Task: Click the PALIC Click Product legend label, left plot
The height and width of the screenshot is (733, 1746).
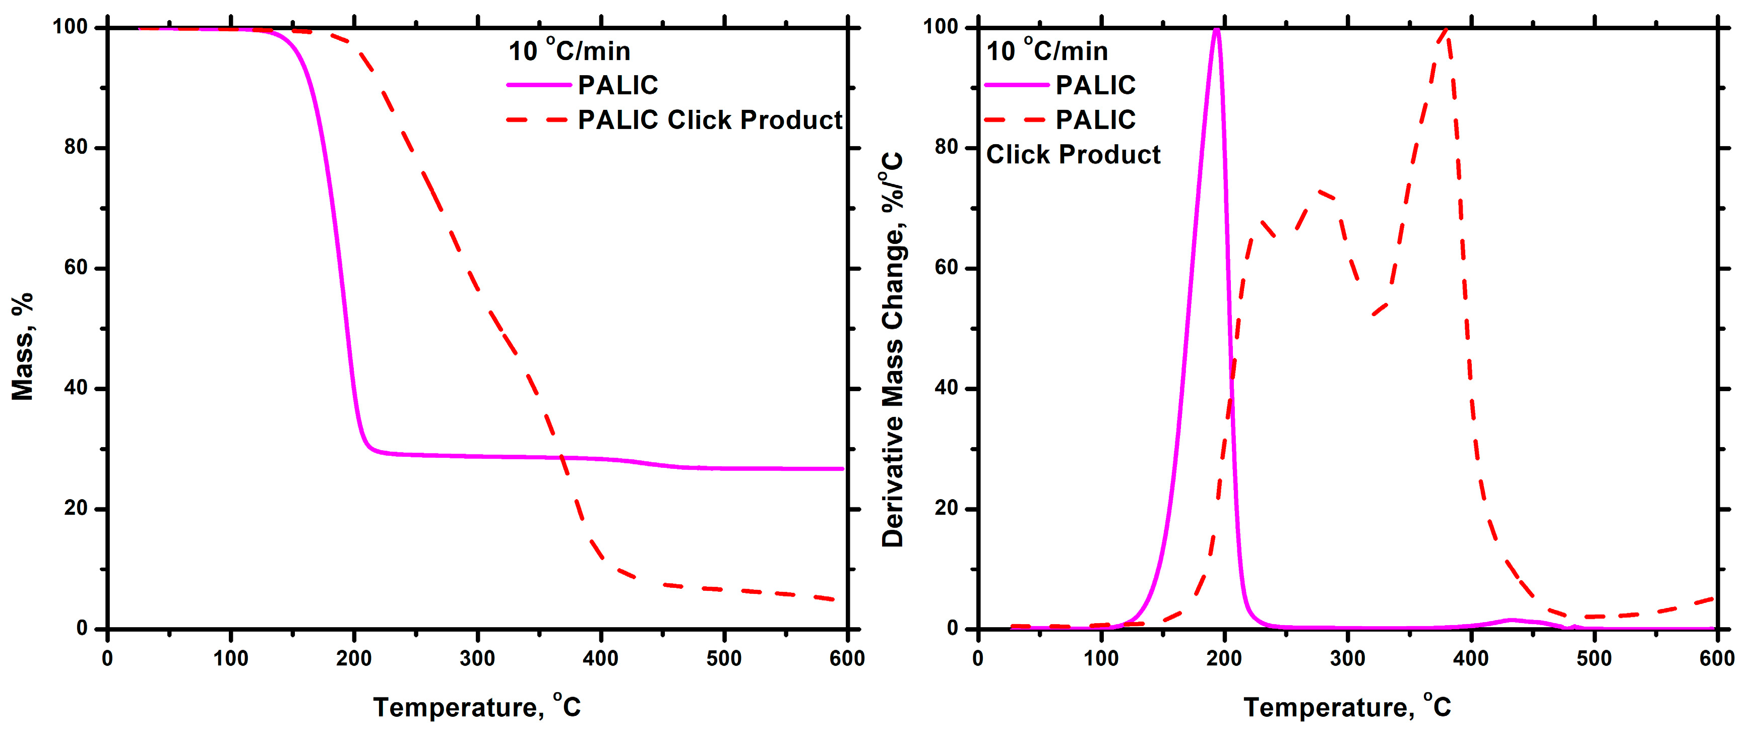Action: tap(709, 120)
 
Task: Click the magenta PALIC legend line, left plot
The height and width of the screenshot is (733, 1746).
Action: tap(539, 85)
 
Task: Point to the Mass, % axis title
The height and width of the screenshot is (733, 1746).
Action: tap(22, 346)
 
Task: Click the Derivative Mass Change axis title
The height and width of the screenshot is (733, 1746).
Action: tap(893, 349)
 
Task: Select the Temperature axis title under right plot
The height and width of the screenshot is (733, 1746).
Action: tap(1347, 707)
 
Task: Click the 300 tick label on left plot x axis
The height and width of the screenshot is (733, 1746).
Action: tap(477, 658)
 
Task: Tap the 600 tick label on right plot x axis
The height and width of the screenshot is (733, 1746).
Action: tap(1716, 658)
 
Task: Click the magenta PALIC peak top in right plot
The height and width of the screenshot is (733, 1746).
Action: tap(1217, 29)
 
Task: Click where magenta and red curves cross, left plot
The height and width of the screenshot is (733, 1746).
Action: tap(562, 458)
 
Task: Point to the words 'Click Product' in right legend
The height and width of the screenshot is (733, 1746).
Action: tap(1073, 155)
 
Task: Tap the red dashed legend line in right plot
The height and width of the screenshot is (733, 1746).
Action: tap(1016, 120)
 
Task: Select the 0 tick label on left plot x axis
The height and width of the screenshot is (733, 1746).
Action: tap(107, 658)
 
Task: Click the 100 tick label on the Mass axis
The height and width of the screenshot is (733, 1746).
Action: tap(71, 27)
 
